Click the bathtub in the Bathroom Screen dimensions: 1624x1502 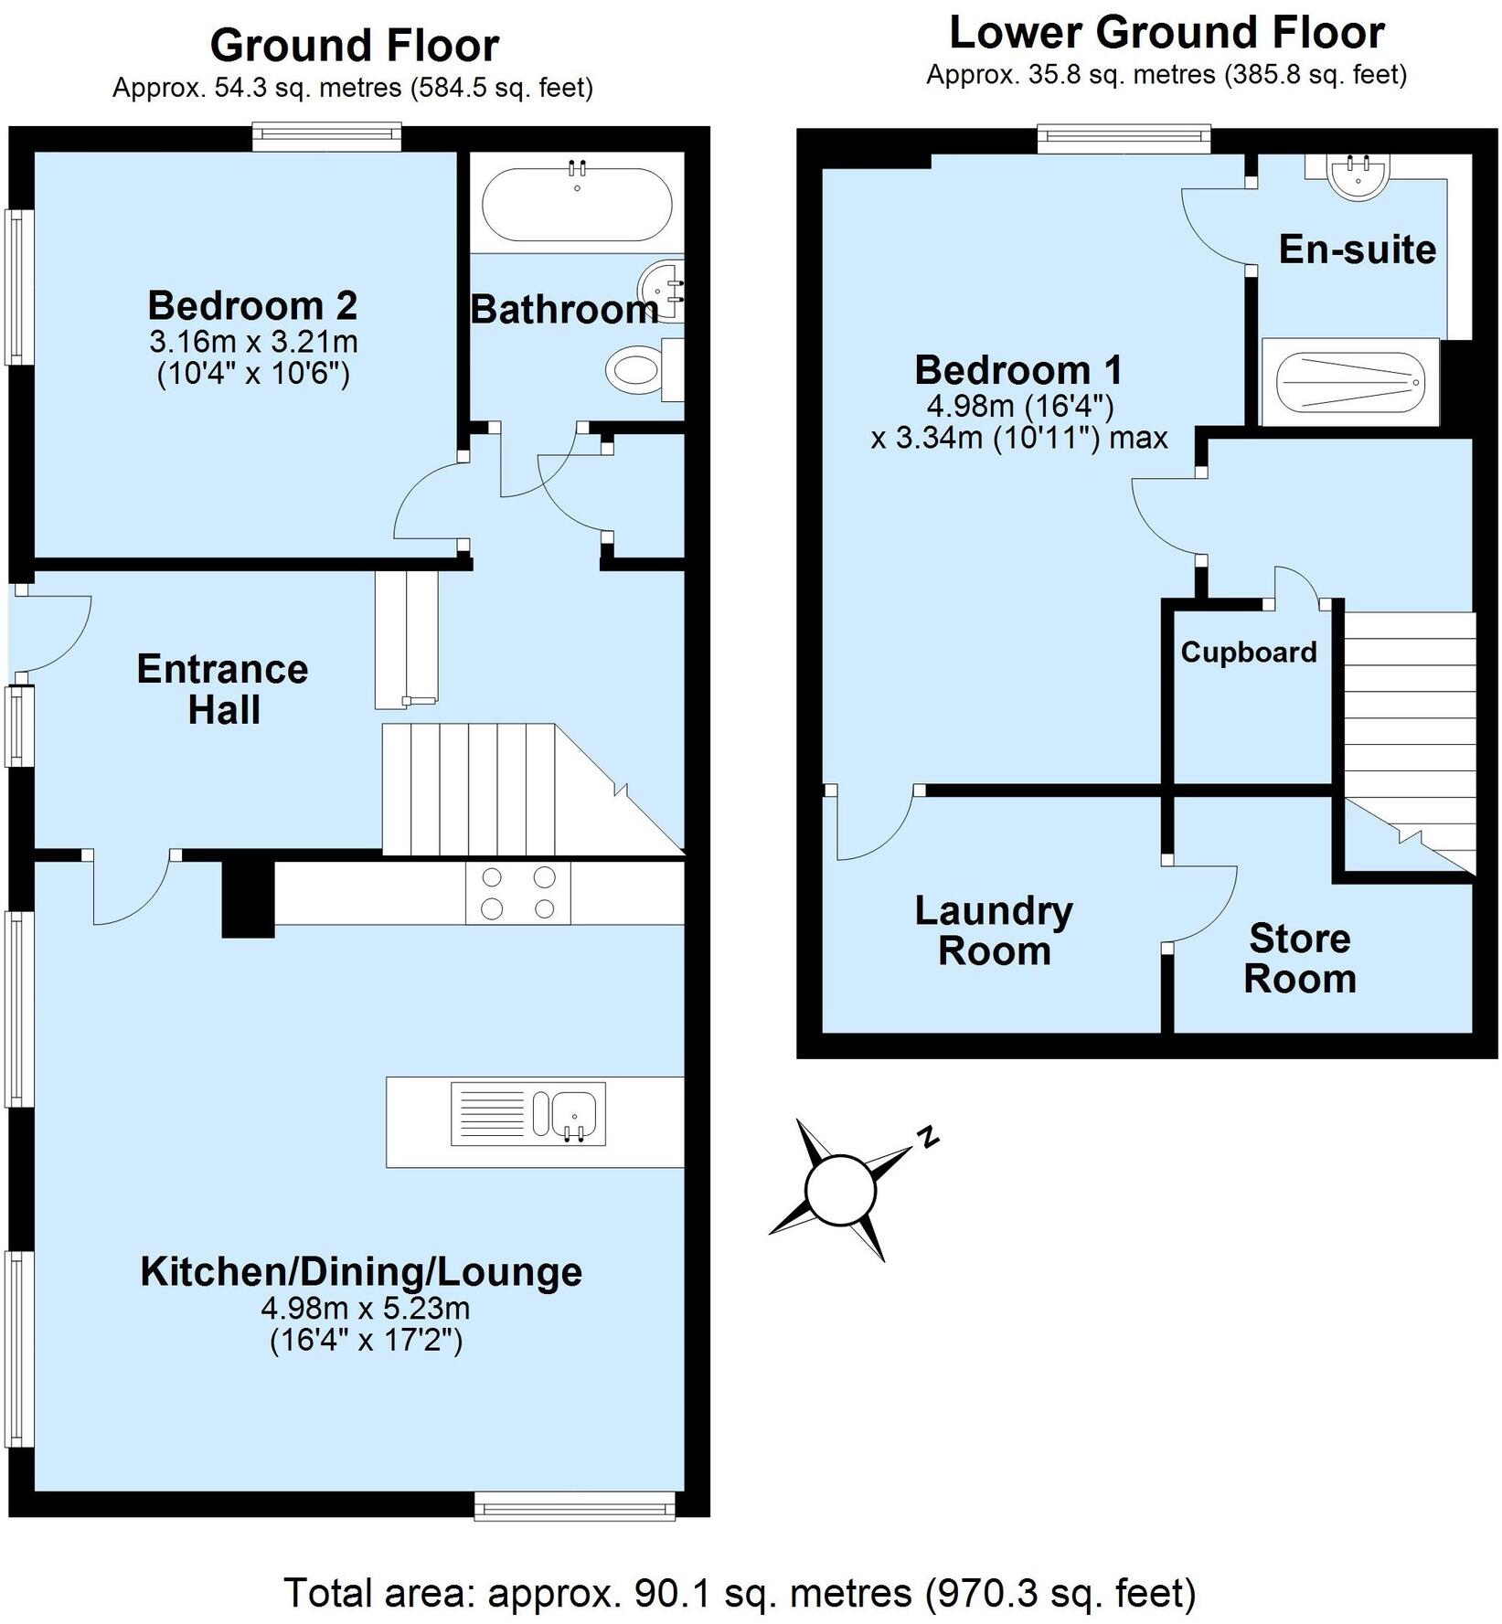click(x=577, y=203)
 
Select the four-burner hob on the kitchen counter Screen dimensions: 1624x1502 click(x=518, y=892)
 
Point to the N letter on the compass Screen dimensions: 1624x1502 click(x=929, y=1136)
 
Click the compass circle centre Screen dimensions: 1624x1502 click(x=840, y=1190)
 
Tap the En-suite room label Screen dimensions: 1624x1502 click(x=1357, y=249)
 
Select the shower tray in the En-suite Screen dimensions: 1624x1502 click(x=1349, y=382)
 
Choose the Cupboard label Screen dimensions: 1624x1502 click(x=1249, y=652)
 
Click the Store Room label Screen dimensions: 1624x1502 click(x=1299, y=959)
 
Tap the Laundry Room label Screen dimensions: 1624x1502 click(x=994, y=930)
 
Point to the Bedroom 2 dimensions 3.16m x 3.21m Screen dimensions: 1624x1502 click(x=253, y=343)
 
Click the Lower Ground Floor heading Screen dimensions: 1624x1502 click(x=1166, y=33)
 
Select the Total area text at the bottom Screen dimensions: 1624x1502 click(x=740, y=1592)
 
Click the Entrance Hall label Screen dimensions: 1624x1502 click(x=222, y=689)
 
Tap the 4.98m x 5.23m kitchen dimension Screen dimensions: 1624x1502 click(x=366, y=1308)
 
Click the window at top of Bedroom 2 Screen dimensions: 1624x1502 click(x=327, y=138)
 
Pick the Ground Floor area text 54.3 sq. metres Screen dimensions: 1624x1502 click(x=352, y=88)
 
